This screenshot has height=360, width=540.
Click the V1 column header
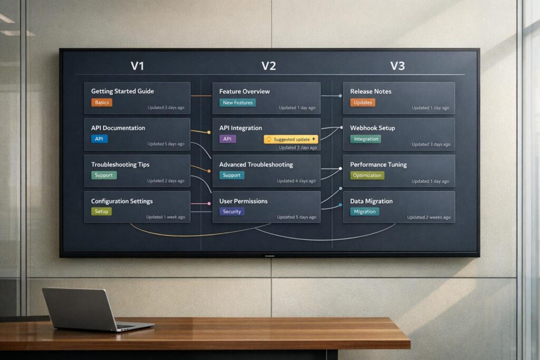(138, 66)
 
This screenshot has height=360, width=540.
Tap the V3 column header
(397, 66)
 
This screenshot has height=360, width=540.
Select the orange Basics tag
(102, 102)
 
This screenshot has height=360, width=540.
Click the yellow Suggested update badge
(291, 139)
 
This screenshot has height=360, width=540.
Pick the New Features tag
(237, 103)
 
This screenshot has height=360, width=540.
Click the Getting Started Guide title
(122, 91)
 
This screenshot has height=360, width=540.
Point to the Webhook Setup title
(372, 128)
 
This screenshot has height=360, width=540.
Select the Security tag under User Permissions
(232, 212)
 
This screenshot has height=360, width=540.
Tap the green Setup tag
(101, 211)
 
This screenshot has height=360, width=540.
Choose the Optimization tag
(367, 176)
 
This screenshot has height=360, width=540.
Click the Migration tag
(364, 212)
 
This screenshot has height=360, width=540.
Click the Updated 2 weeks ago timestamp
(428, 217)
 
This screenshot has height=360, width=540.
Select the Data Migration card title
(371, 201)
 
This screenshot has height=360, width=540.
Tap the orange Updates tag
(363, 103)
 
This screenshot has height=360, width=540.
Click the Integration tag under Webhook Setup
(366, 139)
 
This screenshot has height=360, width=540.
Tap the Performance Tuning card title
(378, 164)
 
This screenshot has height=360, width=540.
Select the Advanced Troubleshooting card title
(256, 164)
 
